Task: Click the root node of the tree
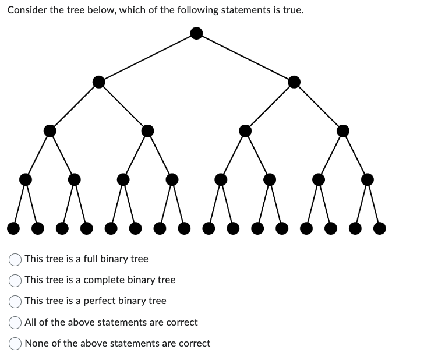pyautogui.click(x=197, y=33)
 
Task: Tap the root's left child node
pyautogui.click(x=99, y=82)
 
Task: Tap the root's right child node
pyautogui.click(x=294, y=82)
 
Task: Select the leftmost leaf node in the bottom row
pyautogui.click(x=13, y=227)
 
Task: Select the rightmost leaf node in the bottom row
pyautogui.click(x=379, y=227)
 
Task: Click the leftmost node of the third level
pyautogui.click(x=50, y=130)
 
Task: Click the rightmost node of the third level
pyautogui.click(x=343, y=130)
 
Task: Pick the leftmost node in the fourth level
pyautogui.click(x=26, y=179)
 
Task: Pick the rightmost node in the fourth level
pyautogui.click(x=367, y=179)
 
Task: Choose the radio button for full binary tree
pyautogui.click(x=16, y=259)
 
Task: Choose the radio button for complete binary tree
pyautogui.click(x=16, y=280)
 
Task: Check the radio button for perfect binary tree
pyautogui.click(x=16, y=301)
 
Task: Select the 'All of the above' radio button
pyautogui.click(x=16, y=323)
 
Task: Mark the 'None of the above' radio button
pyautogui.click(x=16, y=344)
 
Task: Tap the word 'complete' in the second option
pyautogui.click(x=104, y=280)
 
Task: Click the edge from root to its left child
pyautogui.click(x=148, y=58)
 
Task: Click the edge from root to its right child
pyautogui.click(x=246, y=58)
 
